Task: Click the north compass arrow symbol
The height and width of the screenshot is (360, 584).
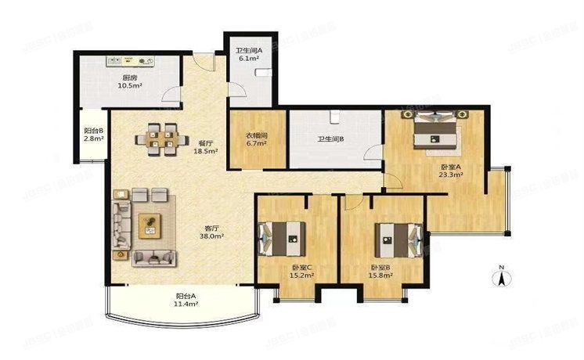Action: [501, 275]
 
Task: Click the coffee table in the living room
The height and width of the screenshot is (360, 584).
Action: [149, 225]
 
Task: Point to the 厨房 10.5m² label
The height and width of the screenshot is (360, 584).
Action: [131, 81]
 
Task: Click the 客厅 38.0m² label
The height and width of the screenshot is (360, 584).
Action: [212, 231]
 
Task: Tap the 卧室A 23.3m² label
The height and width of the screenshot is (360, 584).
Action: [451, 171]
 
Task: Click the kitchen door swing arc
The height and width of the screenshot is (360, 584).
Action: [169, 95]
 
